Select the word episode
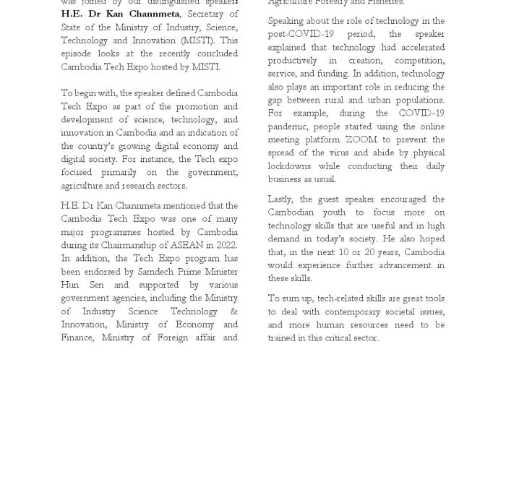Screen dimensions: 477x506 click(x=78, y=53)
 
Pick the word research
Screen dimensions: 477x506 click(x=145, y=186)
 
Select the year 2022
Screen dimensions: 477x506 click(x=226, y=246)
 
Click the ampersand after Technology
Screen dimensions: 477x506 click(x=233, y=311)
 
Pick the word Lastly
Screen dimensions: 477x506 click(x=282, y=199)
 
